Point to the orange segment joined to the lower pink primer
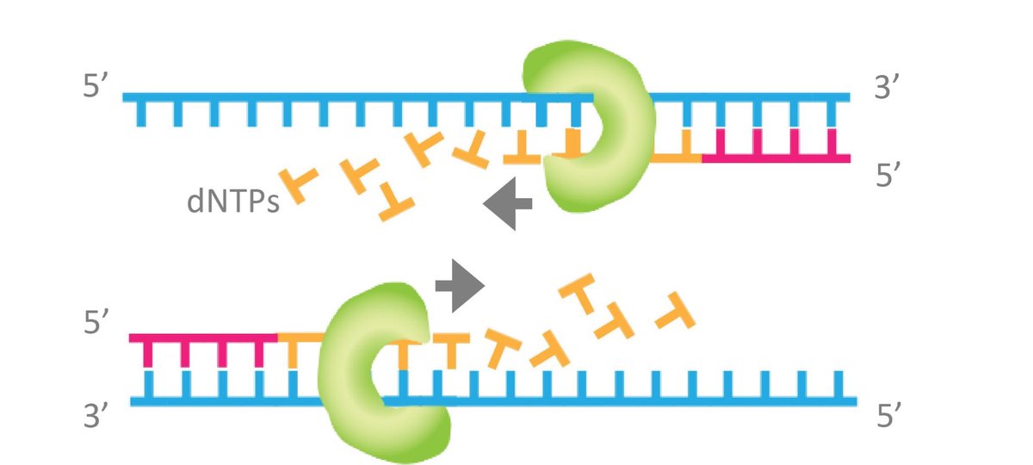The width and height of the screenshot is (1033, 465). click(297, 338)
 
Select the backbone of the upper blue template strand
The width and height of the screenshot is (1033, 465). click(344, 96)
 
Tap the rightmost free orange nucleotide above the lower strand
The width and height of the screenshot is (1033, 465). click(675, 313)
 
